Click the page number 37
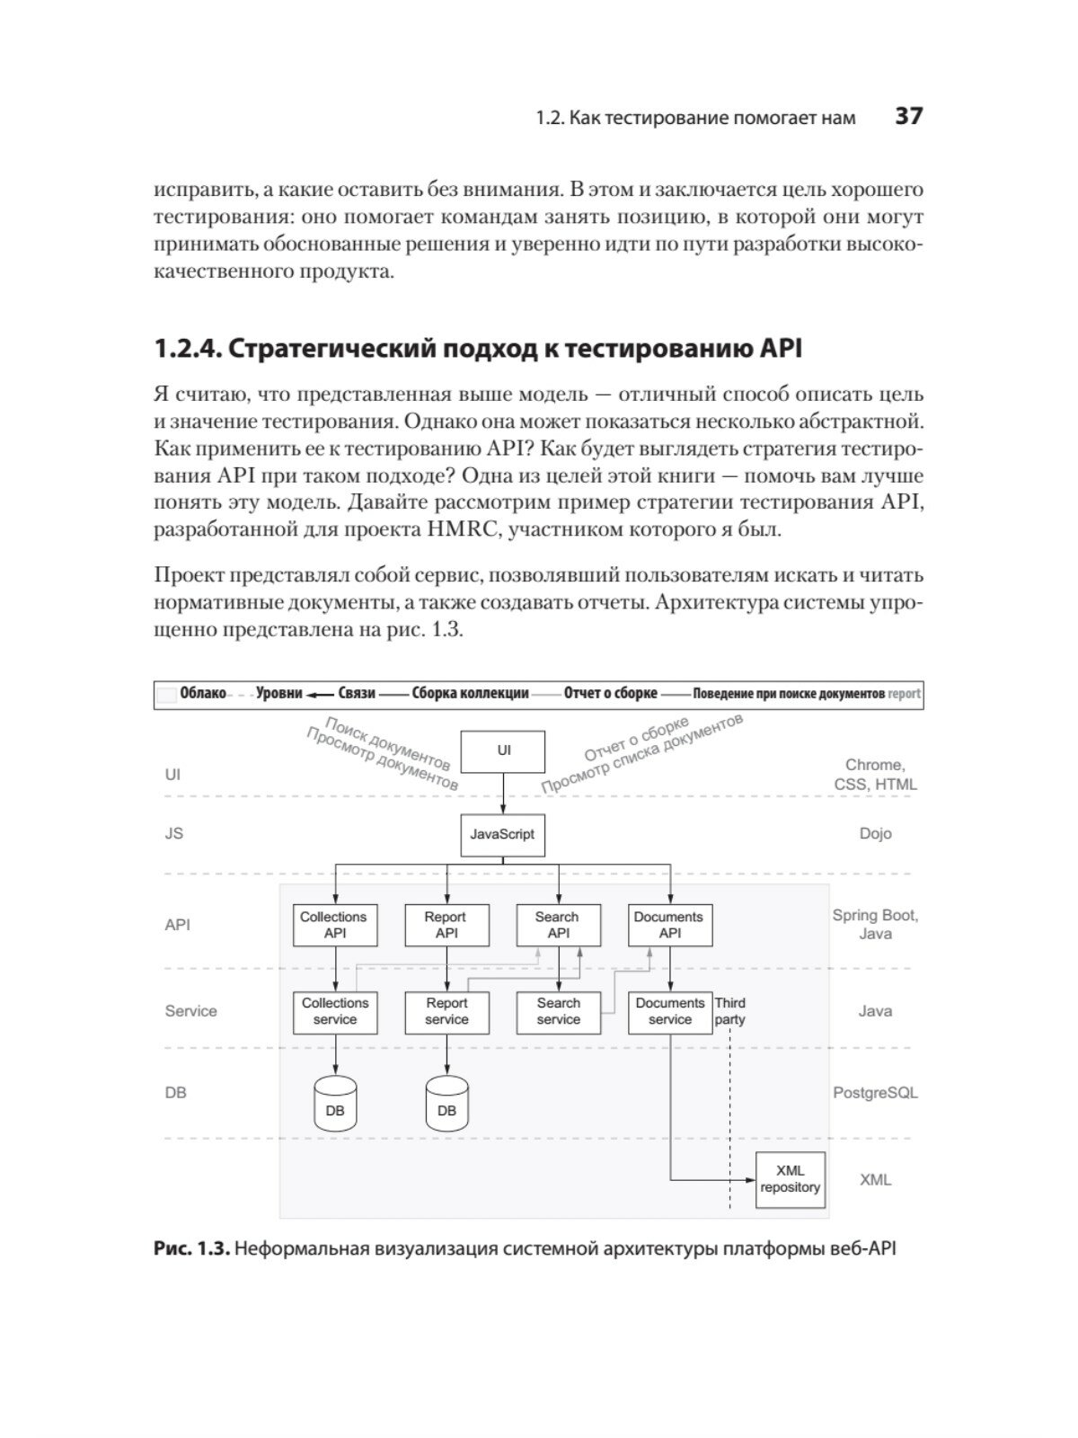click(908, 117)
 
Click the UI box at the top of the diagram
click(503, 751)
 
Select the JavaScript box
click(502, 834)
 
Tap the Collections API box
click(334, 925)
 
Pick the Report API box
click(446, 925)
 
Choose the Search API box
click(558, 925)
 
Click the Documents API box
click(669, 925)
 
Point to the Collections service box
click(335, 1011)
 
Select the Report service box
click(446, 1011)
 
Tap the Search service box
click(558, 1011)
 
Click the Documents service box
click(669, 1011)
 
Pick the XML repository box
click(791, 1179)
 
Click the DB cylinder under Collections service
click(335, 1104)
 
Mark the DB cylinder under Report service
click(446, 1104)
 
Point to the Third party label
click(729, 1011)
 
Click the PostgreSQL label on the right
click(875, 1093)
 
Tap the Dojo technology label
click(875, 834)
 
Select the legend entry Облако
click(202, 694)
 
